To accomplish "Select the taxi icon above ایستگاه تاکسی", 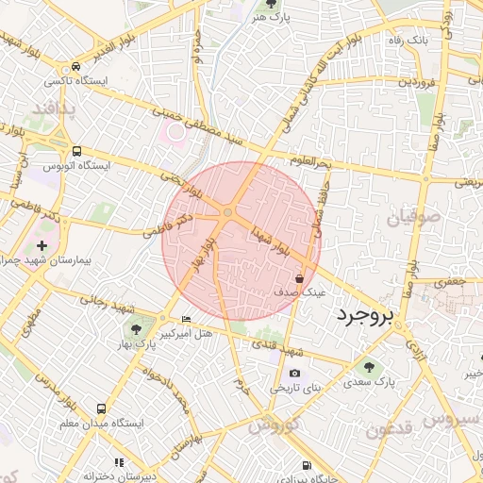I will pyautogui.click(x=75, y=67).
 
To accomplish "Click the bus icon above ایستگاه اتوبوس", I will pyautogui.click(x=76, y=150).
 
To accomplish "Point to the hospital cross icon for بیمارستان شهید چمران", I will pyautogui.click(x=42, y=244).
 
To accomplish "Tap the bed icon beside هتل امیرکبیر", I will pyautogui.click(x=185, y=319).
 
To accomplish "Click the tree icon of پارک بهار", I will pyautogui.click(x=137, y=329).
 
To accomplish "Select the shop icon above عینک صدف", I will pyautogui.click(x=300, y=279).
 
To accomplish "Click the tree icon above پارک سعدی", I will pyautogui.click(x=369, y=367).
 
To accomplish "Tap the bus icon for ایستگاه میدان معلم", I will pyautogui.click(x=101, y=408).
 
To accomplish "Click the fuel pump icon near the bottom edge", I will pyautogui.click(x=308, y=465).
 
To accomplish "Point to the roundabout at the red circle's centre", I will pyautogui.click(x=228, y=214).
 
